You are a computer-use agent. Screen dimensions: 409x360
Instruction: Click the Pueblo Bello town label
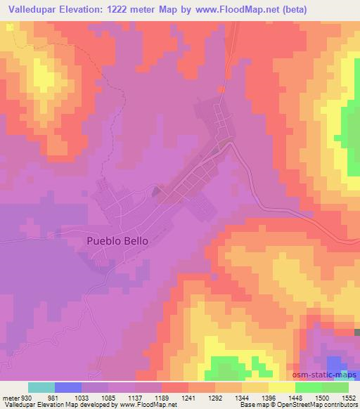click(x=117, y=240)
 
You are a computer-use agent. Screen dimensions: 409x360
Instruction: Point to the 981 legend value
click(x=63, y=396)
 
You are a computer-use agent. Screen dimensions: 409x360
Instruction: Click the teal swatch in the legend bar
click(x=41, y=387)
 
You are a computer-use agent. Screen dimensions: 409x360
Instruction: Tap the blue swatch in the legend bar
click(x=68, y=387)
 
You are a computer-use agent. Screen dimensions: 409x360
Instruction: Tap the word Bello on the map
click(x=135, y=240)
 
